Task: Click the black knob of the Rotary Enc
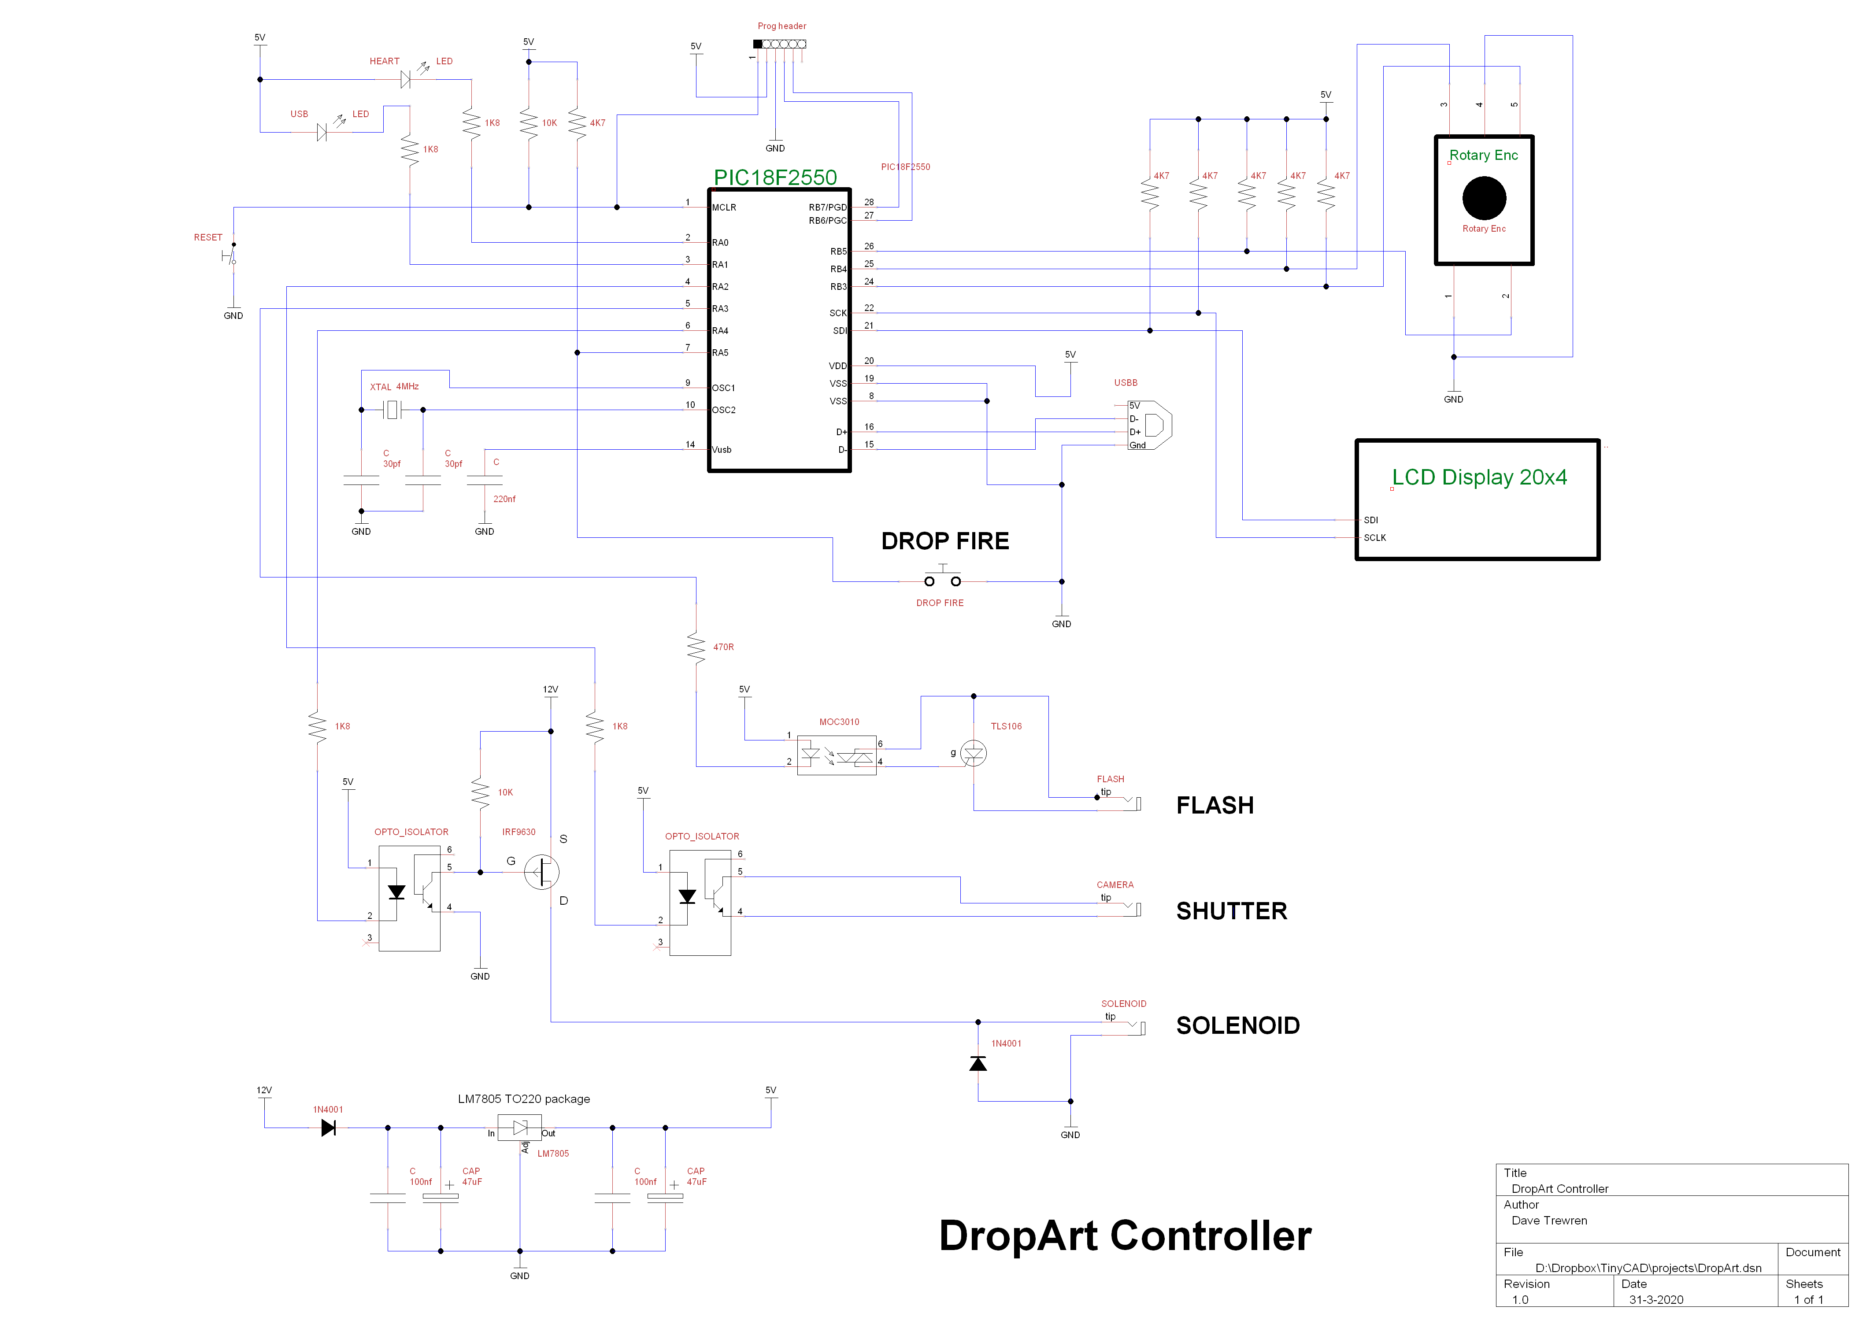pos(1484,198)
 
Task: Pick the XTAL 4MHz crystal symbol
pos(393,411)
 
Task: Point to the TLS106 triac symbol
pos(973,753)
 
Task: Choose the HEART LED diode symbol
pos(406,79)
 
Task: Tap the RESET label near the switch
pos(207,237)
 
